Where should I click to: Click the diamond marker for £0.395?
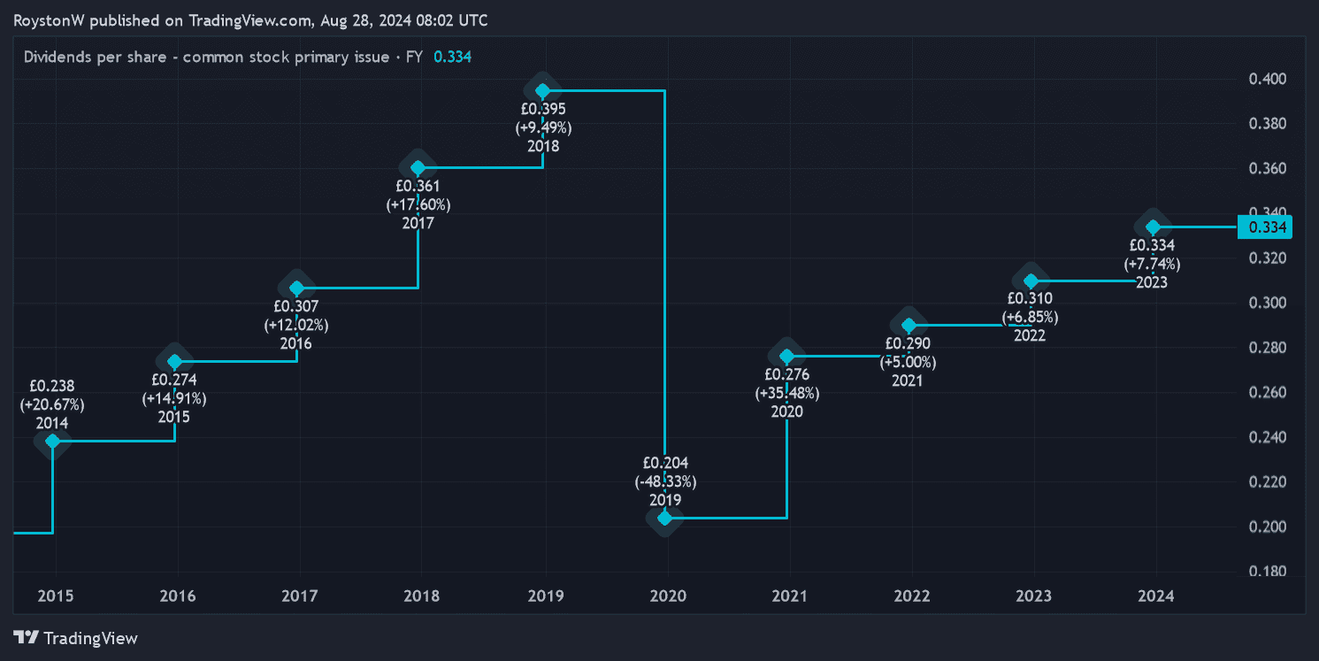pos(542,90)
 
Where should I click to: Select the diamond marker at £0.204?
pos(664,518)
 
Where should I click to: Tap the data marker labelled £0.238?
pos(53,441)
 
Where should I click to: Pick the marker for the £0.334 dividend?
pos(1153,227)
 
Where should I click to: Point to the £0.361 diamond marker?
pos(418,167)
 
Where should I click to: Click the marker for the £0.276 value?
pos(786,357)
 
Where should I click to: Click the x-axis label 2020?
pos(667,596)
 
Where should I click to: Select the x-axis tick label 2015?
pos(55,596)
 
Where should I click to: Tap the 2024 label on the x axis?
pos(1155,596)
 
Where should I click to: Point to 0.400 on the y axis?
pos(1267,80)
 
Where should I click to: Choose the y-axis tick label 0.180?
pos(1267,572)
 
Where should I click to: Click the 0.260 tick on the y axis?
pos(1267,393)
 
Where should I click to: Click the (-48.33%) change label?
pos(665,481)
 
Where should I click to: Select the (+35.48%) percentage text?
pos(786,393)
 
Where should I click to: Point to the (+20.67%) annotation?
pos(52,404)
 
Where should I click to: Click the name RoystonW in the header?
pos(49,20)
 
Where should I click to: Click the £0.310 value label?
pos(1030,298)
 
